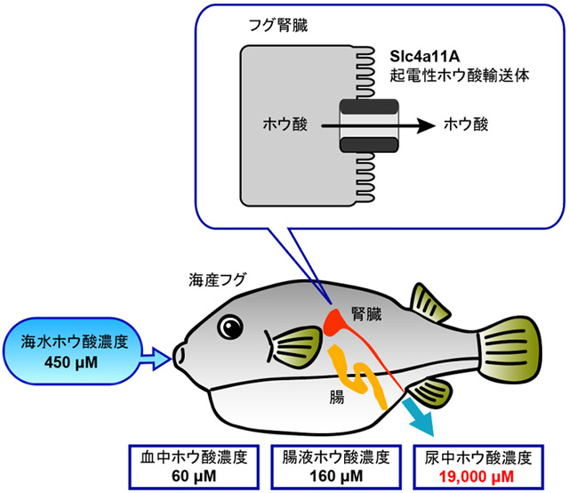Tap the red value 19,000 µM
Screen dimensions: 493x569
point(477,479)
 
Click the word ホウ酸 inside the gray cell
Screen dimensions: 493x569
point(286,126)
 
